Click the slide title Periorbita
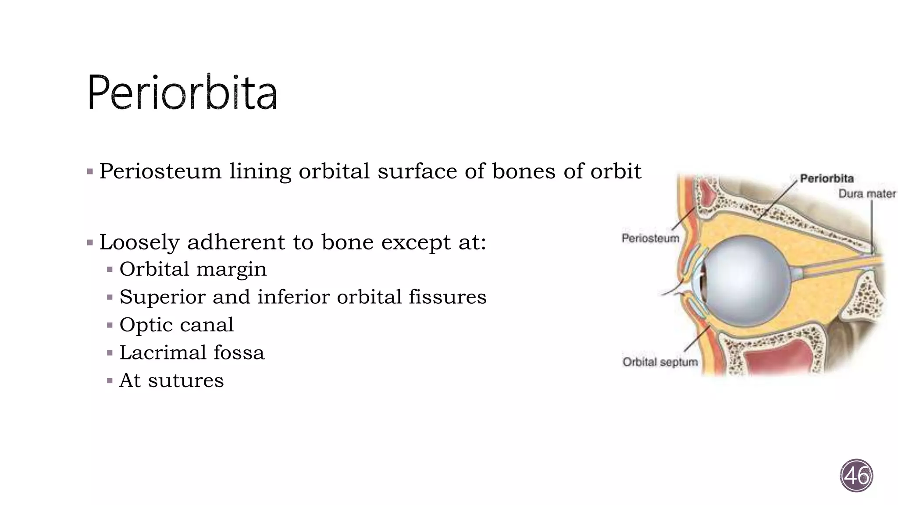[182, 93]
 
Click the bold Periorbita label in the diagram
[827, 178]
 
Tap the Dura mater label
[867, 194]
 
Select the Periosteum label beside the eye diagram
[650, 238]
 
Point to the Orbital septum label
[660, 362]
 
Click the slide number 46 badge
[856, 476]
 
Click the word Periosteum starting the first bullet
[160, 171]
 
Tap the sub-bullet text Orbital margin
[193, 269]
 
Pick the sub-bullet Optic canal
[176, 325]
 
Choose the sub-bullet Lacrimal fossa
[192, 352]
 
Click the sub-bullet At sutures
[171, 380]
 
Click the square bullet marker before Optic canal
[110, 325]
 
